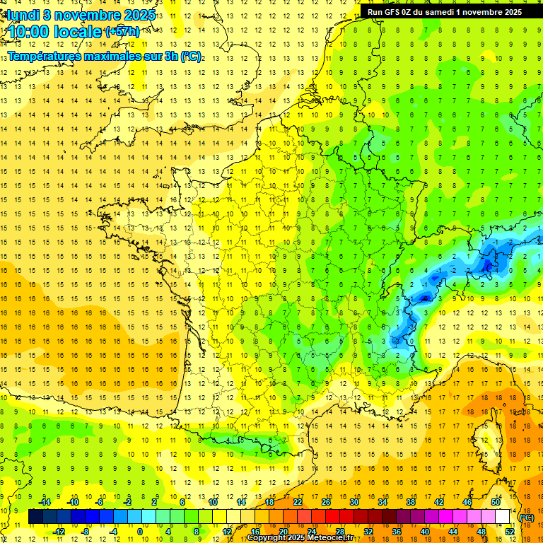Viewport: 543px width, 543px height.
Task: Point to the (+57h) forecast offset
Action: point(122,32)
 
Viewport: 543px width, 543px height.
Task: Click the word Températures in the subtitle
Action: point(44,57)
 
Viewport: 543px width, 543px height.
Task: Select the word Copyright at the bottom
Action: point(269,538)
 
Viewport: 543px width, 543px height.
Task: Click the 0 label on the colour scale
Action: point(139,532)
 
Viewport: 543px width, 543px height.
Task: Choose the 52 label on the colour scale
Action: point(509,532)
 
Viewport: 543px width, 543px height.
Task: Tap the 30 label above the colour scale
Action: point(354,502)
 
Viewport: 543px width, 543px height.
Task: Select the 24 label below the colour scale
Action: point(311,532)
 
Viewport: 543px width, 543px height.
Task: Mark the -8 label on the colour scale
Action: point(86,532)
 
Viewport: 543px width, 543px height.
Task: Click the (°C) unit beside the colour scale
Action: point(526,518)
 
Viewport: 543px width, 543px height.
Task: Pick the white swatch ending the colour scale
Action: point(503,517)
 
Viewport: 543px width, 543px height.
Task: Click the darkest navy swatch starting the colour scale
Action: point(35,517)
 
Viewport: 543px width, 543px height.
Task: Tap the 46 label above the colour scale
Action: point(467,502)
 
